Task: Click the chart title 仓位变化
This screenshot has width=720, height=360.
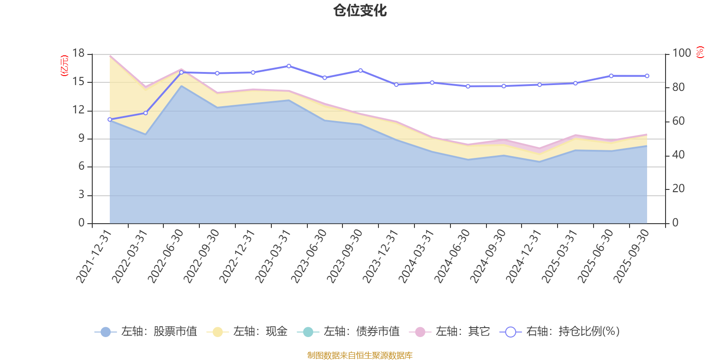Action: pos(360,10)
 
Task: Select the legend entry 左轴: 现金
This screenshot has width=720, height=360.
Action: pos(247,332)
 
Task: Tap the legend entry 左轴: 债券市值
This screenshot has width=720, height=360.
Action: pos(348,332)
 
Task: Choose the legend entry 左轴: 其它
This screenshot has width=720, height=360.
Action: pos(450,332)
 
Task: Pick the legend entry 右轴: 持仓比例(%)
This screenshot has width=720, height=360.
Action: pos(560,332)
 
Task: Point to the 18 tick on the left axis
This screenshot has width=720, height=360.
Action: pos(79,54)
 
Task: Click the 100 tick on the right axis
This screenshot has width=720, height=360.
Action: pos(681,54)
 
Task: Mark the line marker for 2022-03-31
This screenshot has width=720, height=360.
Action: pos(145,113)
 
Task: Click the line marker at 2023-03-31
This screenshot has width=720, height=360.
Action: pos(289,66)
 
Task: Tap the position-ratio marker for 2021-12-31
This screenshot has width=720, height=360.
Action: pos(109,119)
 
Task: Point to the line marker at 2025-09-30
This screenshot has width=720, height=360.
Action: pos(647,76)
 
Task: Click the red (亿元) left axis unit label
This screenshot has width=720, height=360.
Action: pos(64,66)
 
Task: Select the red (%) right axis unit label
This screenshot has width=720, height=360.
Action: pos(700,53)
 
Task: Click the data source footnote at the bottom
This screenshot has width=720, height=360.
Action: pos(360,355)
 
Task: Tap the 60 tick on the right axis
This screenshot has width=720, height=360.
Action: pos(679,121)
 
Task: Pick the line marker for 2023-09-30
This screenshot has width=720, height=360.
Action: pos(360,71)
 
